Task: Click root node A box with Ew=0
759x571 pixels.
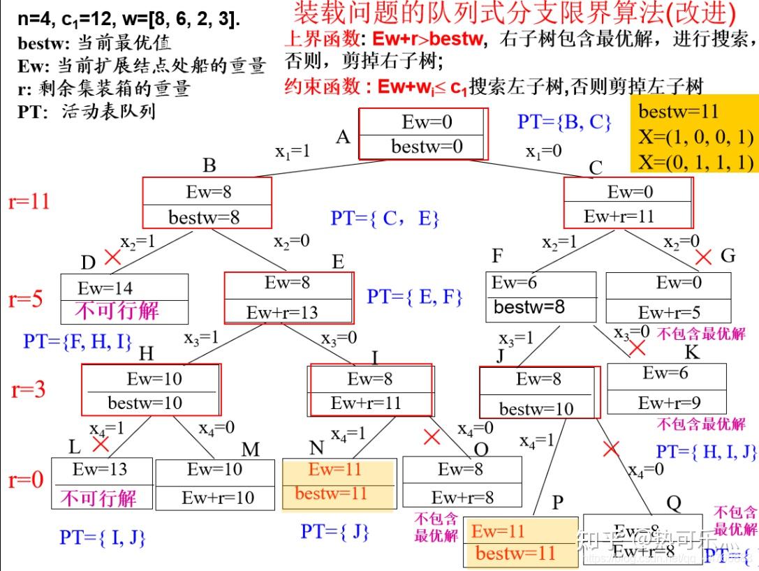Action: tap(423, 134)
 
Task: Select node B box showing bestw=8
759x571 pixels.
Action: tap(207, 202)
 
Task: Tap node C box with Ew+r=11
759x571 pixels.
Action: tap(628, 202)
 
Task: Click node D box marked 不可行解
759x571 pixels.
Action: tap(124, 298)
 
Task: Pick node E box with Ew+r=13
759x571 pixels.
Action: tap(288, 297)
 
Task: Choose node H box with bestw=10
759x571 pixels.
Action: tap(151, 390)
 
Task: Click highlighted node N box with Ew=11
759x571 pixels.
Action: tap(339, 483)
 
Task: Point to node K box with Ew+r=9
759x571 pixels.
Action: tap(666, 387)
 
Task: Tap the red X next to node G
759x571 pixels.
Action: tap(703, 257)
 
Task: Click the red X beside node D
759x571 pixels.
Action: tap(112, 258)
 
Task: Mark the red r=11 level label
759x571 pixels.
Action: tap(29, 202)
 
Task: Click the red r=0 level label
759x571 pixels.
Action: tap(26, 480)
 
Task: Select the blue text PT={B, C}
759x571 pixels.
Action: tap(564, 122)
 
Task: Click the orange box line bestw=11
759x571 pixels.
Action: tap(679, 112)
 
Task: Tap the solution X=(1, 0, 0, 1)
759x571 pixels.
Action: tap(695, 136)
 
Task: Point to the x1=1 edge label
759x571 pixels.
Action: tap(292, 151)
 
